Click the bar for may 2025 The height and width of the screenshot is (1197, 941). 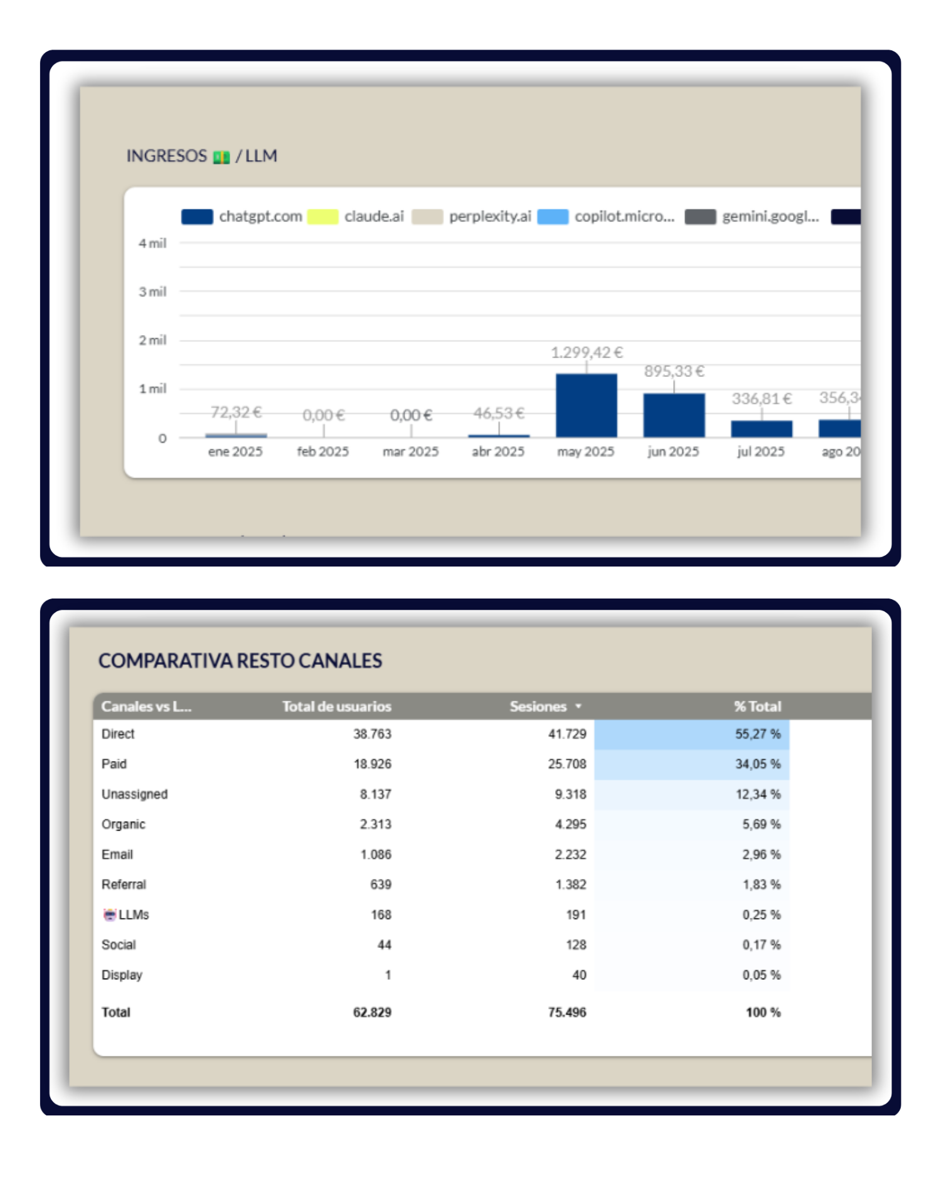(586, 405)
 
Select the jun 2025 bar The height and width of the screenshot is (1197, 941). (674, 415)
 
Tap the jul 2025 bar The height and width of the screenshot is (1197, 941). (762, 428)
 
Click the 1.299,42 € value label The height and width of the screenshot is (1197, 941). (587, 353)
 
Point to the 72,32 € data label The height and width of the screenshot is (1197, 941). (236, 412)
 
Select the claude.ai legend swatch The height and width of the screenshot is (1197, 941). (323, 217)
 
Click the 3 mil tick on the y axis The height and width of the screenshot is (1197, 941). (152, 292)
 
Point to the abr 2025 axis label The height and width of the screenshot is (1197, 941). (498, 452)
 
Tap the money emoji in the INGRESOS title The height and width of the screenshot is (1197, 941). (221, 157)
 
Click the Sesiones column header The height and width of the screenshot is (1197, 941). (538, 706)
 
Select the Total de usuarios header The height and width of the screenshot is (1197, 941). (336, 706)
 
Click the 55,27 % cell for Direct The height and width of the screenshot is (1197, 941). (758, 734)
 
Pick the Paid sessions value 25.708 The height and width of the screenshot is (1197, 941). (567, 764)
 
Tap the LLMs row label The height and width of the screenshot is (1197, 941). (133, 915)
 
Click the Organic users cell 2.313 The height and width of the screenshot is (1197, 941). (375, 824)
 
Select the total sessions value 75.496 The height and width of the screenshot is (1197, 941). (566, 1013)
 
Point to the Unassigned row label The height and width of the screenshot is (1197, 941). (134, 794)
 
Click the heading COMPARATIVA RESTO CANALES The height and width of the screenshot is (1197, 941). (240, 661)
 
